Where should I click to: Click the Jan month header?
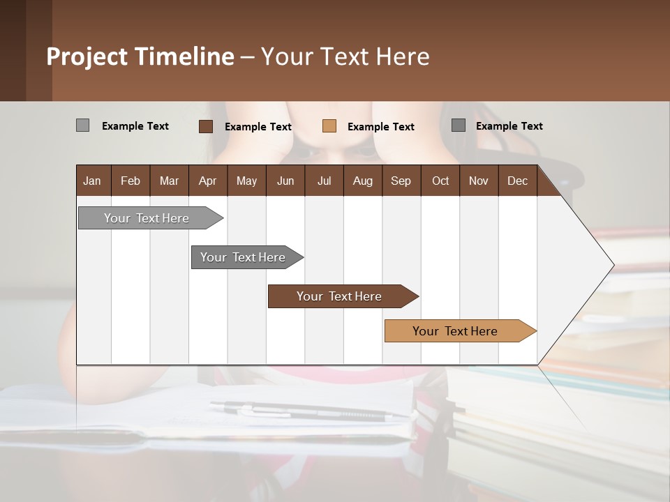coord(92,181)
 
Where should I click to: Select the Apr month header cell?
coord(208,181)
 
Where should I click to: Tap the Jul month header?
coord(324,181)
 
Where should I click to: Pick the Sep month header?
coord(401,181)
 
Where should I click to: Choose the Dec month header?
coord(517,181)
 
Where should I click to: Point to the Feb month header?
coord(131,181)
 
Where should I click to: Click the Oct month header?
coord(440,181)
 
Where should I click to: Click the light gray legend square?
coord(82,125)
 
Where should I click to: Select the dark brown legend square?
coord(205,126)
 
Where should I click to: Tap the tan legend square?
coord(329,126)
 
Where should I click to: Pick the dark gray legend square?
coord(458,125)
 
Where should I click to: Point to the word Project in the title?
coord(87,56)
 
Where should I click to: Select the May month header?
coord(246,181)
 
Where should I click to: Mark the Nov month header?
coord(479,181)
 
